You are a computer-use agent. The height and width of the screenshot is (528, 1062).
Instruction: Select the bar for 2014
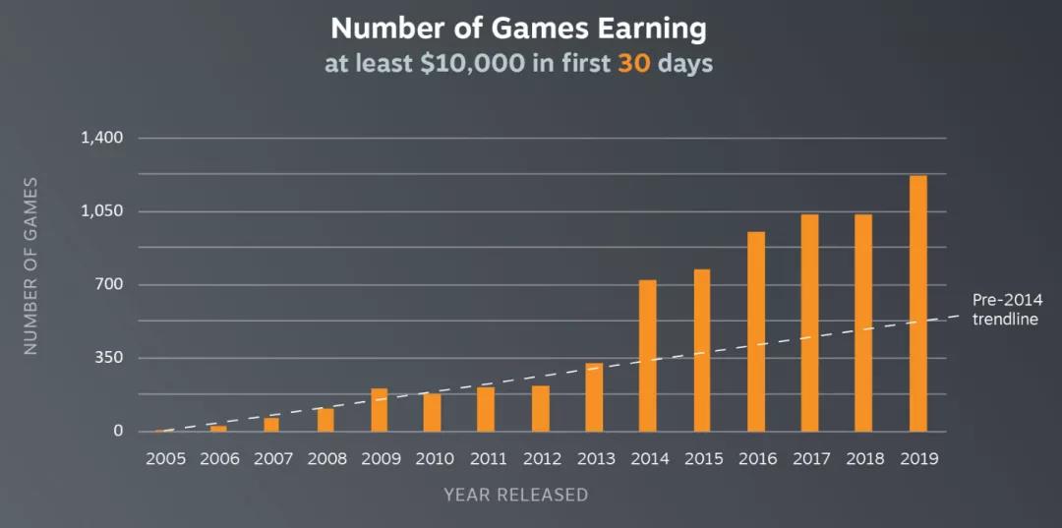647,356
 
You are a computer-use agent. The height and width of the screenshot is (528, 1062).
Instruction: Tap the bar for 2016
755,331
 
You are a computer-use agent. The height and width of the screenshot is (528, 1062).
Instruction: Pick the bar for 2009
379,410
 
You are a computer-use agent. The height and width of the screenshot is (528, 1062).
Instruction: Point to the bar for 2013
594,397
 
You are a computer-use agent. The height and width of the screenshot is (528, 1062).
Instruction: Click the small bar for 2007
271,425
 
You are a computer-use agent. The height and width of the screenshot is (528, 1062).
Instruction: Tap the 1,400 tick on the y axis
101,138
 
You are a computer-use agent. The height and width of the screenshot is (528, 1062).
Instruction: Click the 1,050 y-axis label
101,211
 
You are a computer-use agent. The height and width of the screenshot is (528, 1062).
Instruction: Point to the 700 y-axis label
108,285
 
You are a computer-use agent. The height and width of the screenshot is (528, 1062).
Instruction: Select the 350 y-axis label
108,358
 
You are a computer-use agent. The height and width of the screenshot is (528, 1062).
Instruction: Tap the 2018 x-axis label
863,459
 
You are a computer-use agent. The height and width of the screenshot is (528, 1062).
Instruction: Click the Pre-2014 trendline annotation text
1006,309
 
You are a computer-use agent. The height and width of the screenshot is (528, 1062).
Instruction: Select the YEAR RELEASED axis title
515,495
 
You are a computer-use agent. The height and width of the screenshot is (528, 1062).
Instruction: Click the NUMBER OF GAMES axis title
30,265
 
